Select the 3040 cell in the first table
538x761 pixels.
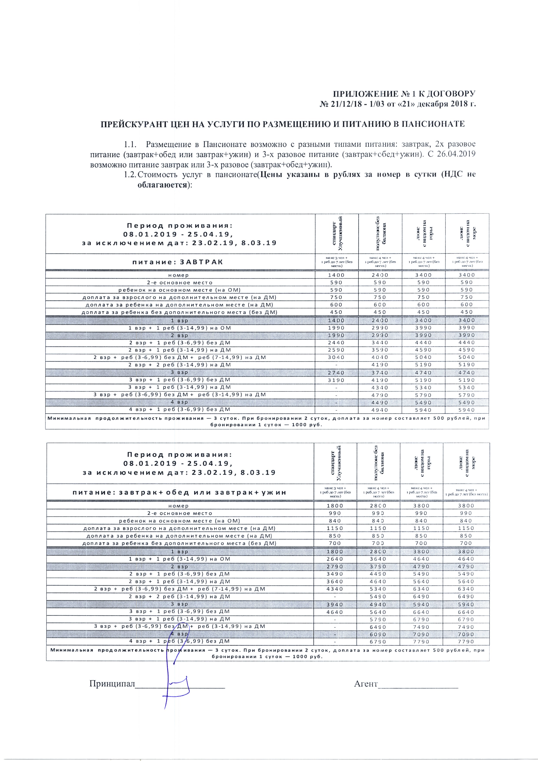point(336,357)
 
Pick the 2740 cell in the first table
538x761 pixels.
point(336,372)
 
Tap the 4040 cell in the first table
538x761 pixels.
point(380,357)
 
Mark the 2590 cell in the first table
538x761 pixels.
point(336,350)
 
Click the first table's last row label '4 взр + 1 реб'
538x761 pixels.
point(179,410)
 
